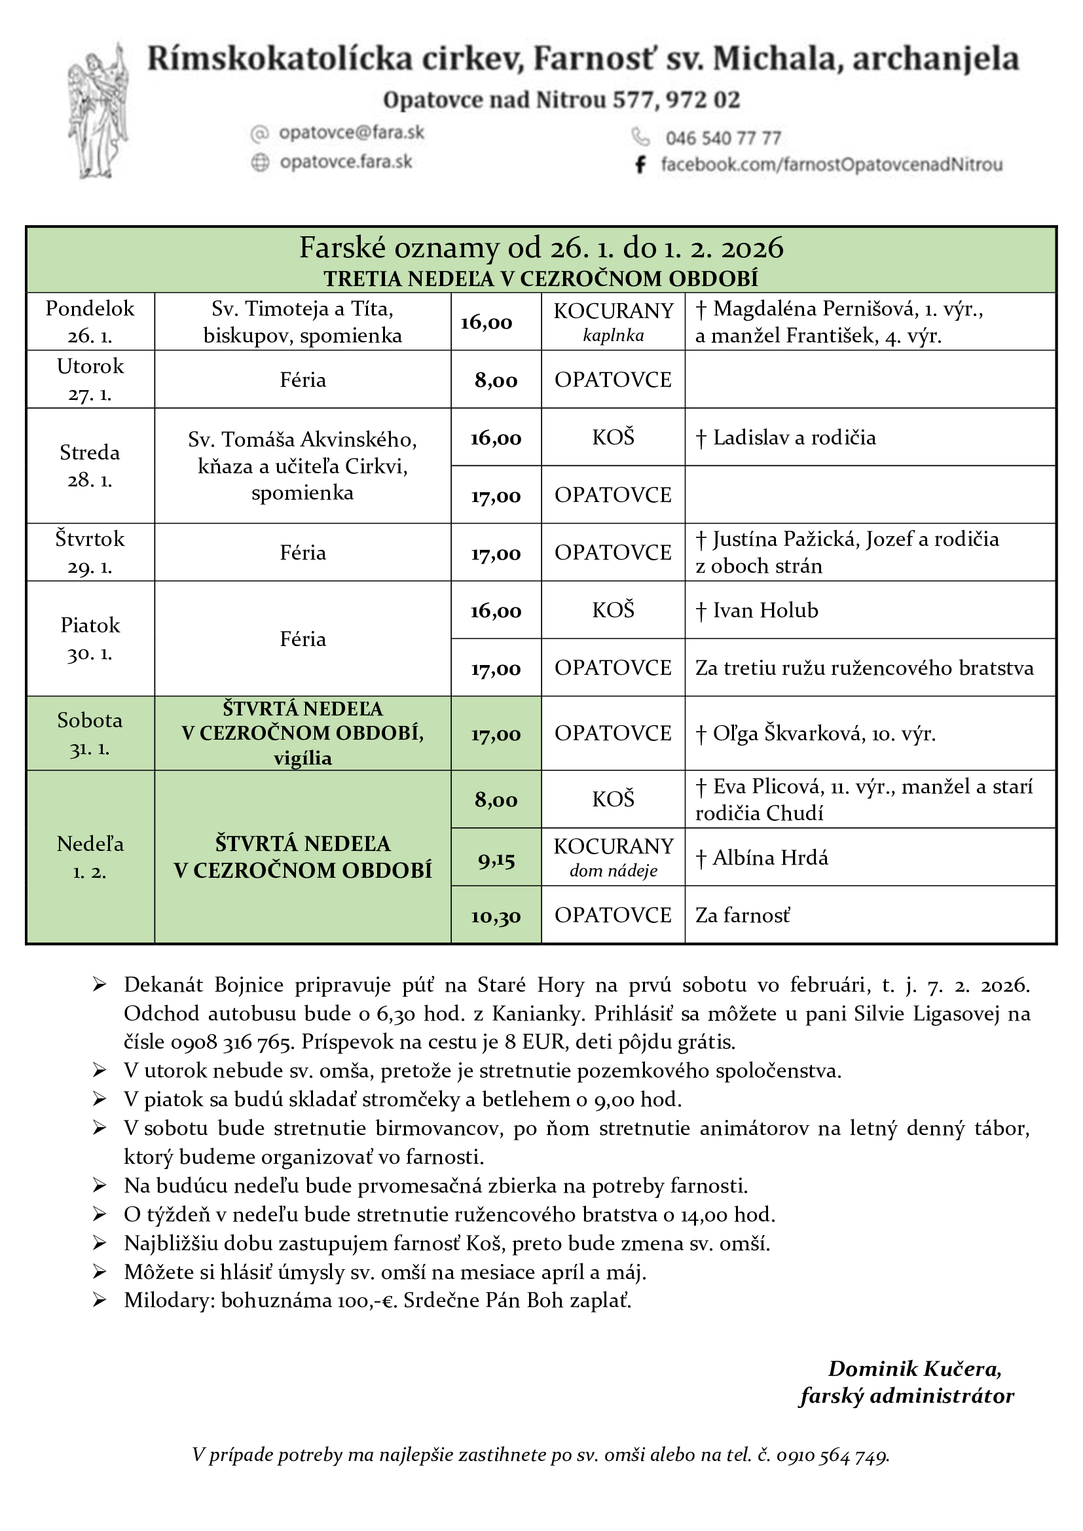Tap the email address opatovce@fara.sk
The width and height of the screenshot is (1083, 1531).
coord(351,133)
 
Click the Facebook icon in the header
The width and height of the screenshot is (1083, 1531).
coord(640,165)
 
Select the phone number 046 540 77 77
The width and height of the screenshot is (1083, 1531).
coord(723,138)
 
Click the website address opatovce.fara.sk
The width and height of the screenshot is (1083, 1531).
coord(346,162)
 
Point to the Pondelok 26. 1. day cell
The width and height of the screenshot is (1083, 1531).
coord(90,321)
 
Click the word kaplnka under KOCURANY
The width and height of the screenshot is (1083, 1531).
coord(613,335)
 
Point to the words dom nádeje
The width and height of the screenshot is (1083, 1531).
coord(613,871)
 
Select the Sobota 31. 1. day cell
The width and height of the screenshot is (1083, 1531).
coord(90,734)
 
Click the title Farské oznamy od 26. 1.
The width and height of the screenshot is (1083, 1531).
coord(541,248)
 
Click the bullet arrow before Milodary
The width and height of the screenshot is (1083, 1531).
coord(100,1301)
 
